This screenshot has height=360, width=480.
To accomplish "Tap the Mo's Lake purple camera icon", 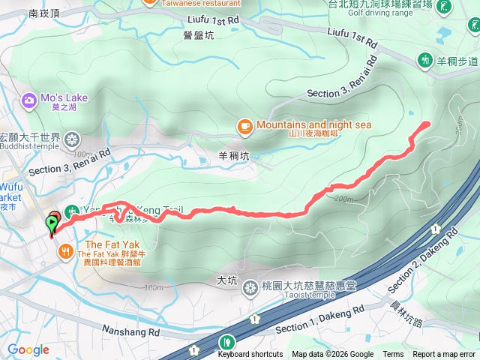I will point(29,99).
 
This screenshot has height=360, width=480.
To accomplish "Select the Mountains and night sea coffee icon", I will point(244,126).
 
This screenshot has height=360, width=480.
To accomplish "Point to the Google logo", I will point(28,349).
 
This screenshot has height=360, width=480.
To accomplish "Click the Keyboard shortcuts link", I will point(251,355).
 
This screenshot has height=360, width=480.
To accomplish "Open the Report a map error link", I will point(444,355).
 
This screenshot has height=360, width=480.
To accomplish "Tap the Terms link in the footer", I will point(393,355).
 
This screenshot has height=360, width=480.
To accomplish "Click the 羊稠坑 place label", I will point(232,157).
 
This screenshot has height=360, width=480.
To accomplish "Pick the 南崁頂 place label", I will point(43,13).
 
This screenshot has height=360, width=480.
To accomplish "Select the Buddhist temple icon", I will point(72,139).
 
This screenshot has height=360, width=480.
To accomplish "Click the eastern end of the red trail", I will point(427,122).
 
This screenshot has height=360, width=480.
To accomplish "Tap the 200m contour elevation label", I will point(344,199).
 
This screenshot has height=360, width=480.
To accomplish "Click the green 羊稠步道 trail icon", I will point(424,59).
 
